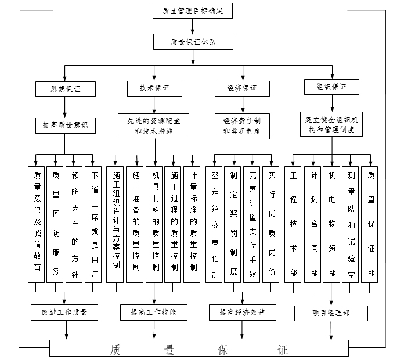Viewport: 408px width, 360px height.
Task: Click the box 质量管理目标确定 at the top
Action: point(194,10)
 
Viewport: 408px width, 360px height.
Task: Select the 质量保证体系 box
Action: point(194,42)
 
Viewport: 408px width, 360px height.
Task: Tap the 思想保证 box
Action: point(66,89)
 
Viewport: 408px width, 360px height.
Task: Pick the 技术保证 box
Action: point(154,88)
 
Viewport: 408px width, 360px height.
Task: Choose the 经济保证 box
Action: point(243,89)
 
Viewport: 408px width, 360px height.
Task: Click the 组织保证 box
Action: point(331,88)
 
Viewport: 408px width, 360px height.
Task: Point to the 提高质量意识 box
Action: point(66,125)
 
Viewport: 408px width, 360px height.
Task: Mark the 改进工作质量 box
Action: point(66,312)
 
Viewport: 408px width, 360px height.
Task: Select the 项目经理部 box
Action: point(331,313)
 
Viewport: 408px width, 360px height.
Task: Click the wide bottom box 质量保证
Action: point(198,350)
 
